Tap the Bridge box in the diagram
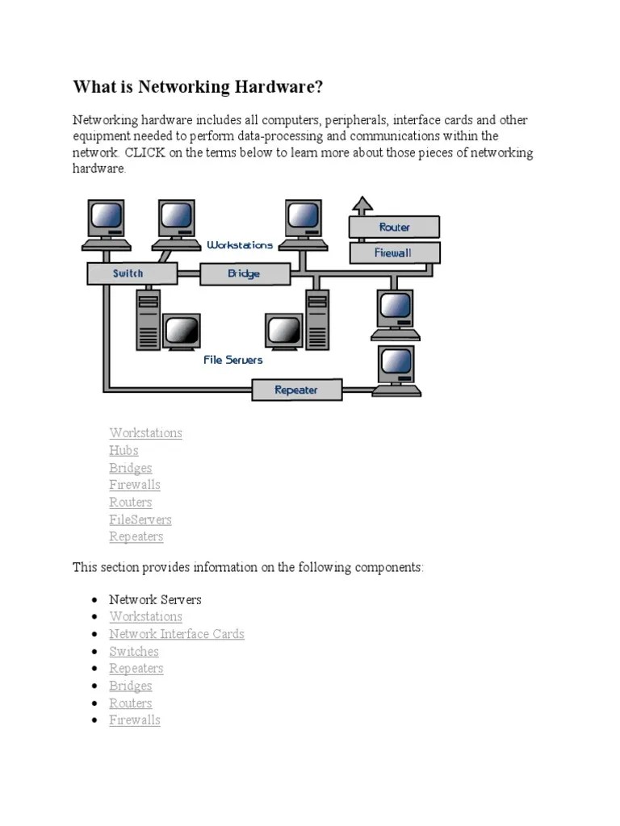244,274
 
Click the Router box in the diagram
394,227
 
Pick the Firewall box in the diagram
394,252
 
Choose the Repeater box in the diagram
296,390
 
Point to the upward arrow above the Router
362,205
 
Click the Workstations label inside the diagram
240,244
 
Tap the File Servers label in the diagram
232,360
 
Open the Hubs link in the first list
124,450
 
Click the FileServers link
140,519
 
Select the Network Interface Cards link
177,634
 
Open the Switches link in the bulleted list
134,651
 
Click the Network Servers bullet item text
155,599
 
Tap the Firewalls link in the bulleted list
135,720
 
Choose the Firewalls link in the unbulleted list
135,485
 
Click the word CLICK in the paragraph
146,153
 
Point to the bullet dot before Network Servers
95,600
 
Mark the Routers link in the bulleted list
131,703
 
